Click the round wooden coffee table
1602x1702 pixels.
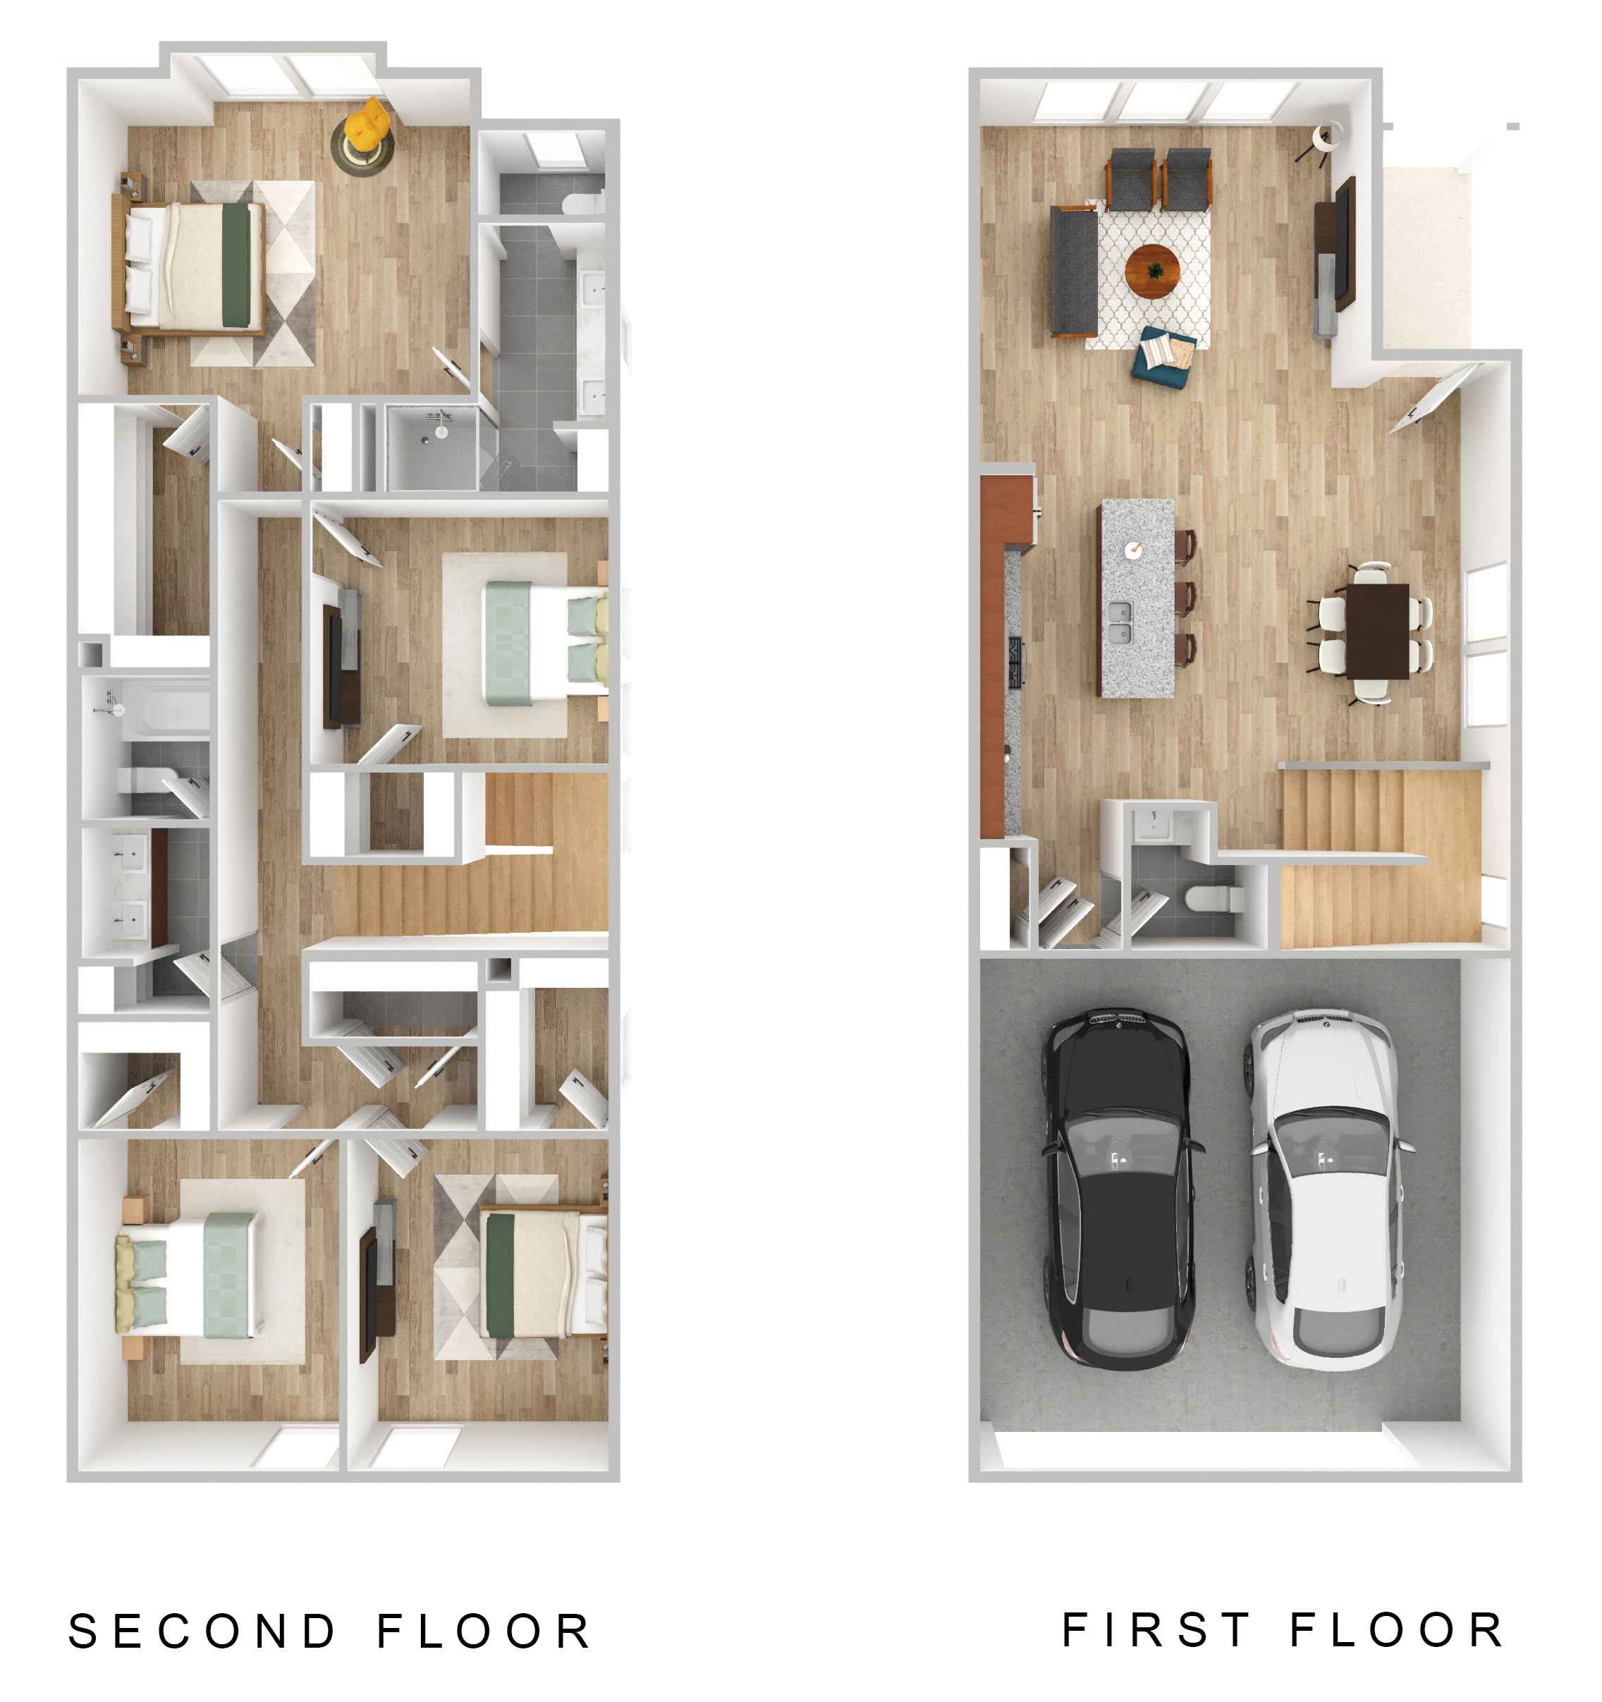coord(1152,271)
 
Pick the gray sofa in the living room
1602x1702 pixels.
coord(1074,271)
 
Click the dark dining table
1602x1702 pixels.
coord(1378,631)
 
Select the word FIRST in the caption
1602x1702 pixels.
coord(1156,1629)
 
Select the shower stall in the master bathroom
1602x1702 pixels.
coord(432,447)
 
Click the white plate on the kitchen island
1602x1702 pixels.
coord(1133,550)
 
